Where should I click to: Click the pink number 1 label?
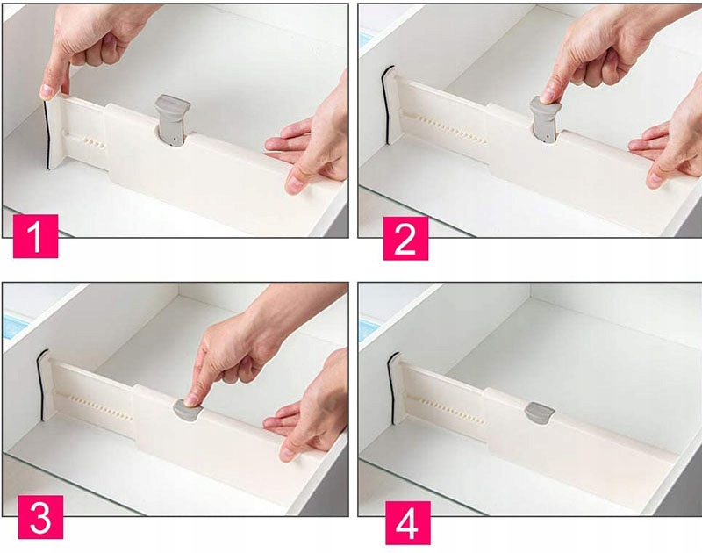pyautogui.click(x=35, y=236)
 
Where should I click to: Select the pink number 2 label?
pyautogui.click(x=405, y=238)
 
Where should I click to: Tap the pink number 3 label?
pyautogui.click(x=40, y=517)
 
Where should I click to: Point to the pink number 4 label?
pyautogui.click(x=408, y=523)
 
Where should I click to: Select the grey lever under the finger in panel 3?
pyautogui.click(x=188, y=411)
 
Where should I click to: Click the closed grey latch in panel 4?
pyautogui.click(x=540, y=413)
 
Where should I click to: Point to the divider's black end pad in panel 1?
pyautogui.click(x=47, y=134)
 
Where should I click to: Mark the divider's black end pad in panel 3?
pyautogui.click(x=40, y=384)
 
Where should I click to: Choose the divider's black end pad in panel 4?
pyautogui.click(x=392, y=388)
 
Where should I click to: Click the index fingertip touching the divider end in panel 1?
pyautogui.click(x=47, y=91)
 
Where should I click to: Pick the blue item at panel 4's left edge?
pyautogui.click(x=368, y=328)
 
